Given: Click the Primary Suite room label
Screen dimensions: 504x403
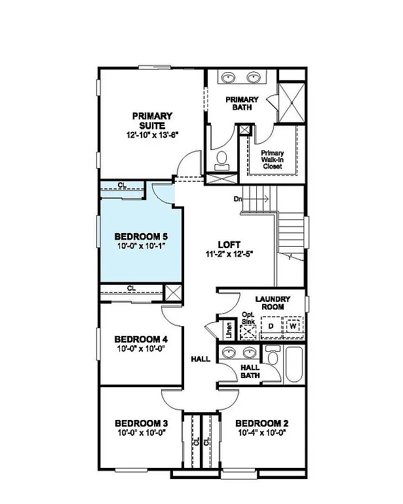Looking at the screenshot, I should [x=153, y=120].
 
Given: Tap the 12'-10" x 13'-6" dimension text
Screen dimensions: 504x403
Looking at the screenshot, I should [x=153, y=135].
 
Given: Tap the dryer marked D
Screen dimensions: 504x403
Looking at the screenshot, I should [x=270, y=326].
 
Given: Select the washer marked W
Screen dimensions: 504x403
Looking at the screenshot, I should [x=293, y=326].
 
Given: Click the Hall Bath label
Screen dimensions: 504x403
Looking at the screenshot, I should [x=250, y=372].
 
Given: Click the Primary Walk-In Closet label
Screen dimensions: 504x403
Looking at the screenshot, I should [x=272, y=159].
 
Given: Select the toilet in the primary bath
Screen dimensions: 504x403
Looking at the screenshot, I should [x=221, y=157].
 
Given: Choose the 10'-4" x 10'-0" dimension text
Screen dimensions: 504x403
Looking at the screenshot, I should [x=261, y=433].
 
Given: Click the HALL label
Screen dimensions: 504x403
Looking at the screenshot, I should [x=200, y=360].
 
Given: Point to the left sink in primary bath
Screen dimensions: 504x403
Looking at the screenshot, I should [x=229, y=78].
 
